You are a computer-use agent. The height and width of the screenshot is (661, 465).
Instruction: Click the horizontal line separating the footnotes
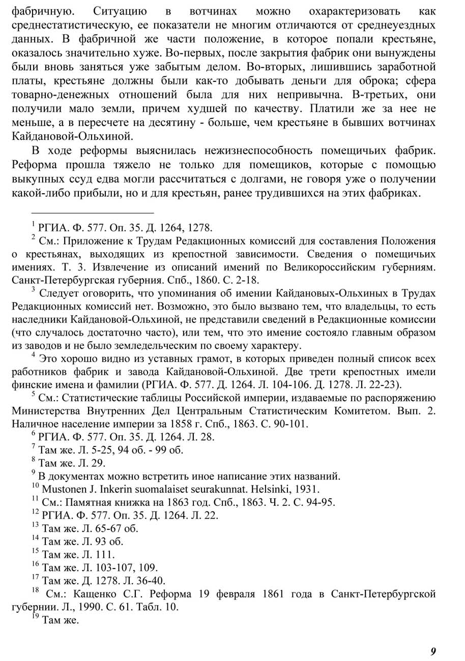coord(92,213)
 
